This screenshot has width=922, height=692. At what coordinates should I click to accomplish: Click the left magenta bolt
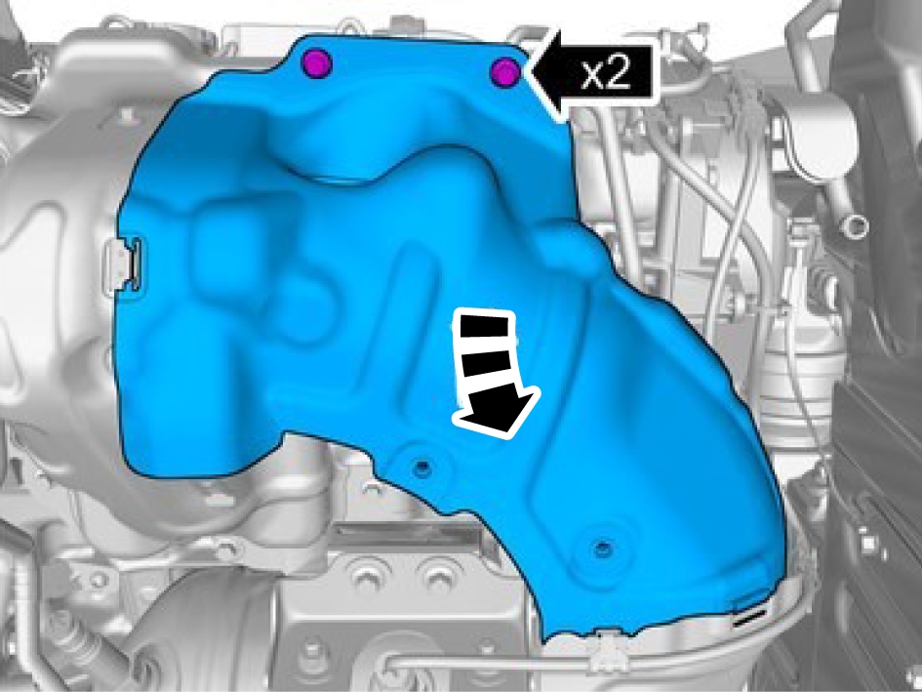point(316,63)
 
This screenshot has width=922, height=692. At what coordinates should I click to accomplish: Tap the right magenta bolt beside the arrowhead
point(505,73)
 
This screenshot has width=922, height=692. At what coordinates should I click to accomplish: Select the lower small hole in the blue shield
point(602,548)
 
